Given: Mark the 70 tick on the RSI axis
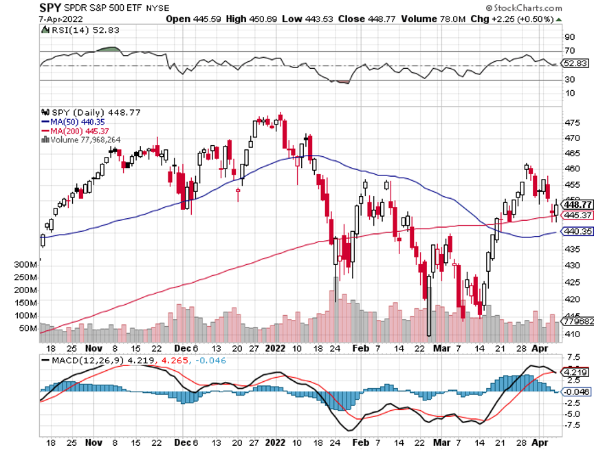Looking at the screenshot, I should point(569,51).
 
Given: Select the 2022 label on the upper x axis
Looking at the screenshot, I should point(275,347).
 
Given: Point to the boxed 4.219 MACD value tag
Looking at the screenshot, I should point(574,372).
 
